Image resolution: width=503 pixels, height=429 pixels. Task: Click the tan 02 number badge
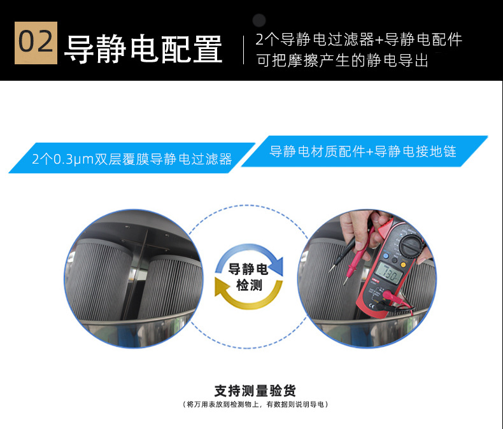36,43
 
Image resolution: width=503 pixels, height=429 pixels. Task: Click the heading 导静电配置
143,49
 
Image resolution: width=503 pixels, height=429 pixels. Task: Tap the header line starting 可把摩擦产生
343,60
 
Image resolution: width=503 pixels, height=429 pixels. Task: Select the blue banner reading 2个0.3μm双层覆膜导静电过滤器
132,158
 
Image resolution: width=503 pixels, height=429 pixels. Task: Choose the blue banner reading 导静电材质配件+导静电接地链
364,151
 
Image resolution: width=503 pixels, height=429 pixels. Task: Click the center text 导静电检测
248,277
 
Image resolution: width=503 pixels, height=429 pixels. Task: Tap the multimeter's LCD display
388,274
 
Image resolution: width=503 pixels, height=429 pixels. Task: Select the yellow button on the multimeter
403,265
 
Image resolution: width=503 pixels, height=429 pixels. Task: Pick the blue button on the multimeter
386,257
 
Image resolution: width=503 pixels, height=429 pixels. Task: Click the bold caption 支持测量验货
255,391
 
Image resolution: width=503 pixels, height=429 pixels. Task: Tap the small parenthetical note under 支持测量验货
255,404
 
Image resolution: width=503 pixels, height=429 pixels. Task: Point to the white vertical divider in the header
243,50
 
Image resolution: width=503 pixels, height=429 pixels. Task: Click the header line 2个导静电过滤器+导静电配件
358,39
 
